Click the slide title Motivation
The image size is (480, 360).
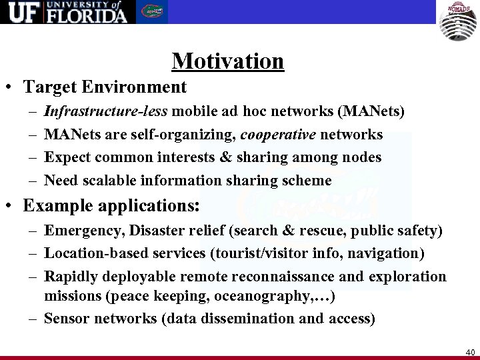[x=228, y=61]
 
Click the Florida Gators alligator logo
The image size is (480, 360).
[x=152, y=12]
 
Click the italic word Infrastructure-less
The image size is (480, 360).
[x=96, y=111]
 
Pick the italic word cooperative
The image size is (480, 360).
[x=278, y=135]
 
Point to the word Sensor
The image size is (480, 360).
[x=67, y=319]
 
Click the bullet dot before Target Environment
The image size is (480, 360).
[x=11, y=87]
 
